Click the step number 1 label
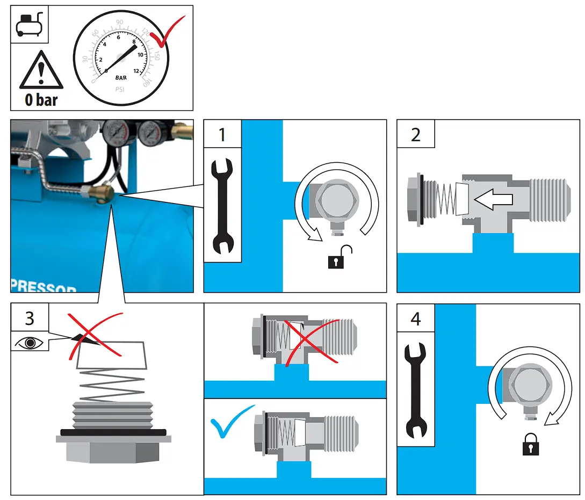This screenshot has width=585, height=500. point(222,134)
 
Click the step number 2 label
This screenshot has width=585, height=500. point(415,134)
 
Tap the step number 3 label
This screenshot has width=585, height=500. point(30,318)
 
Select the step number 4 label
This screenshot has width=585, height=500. point(415,318)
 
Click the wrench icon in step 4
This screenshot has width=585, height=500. point(415,389)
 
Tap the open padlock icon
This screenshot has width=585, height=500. point(339,257)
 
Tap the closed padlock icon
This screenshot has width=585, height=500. point(530,444)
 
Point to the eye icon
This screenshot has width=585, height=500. point(30,343)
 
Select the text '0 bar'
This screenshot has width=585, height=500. point(41,99)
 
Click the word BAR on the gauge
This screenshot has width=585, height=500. point(121,78)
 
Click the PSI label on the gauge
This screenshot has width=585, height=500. point(120,89)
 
